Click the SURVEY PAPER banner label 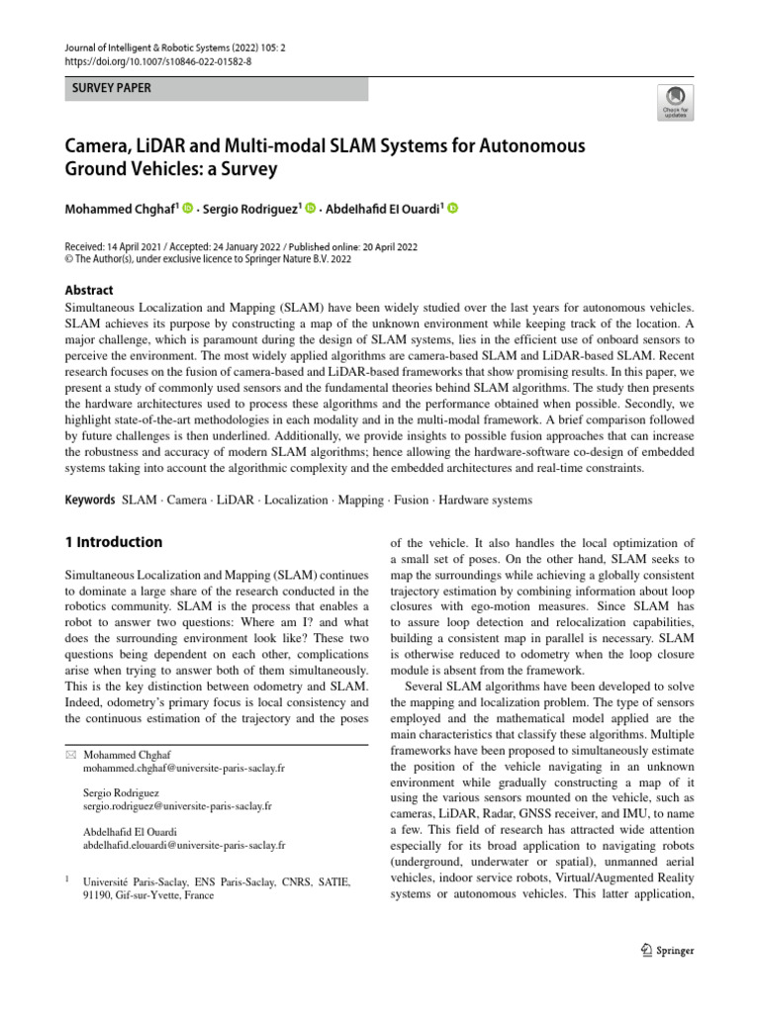pos(109,89)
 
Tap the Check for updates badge pos(676,101)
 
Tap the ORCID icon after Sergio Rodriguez pos(310,209)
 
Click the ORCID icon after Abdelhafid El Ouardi pos(453,209)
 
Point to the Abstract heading pos(89,291)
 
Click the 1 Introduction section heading pos(113,542)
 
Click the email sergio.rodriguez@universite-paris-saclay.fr pos(178,806)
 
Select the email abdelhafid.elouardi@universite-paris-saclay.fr pos(185,845)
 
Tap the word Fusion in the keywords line pos(412,501)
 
